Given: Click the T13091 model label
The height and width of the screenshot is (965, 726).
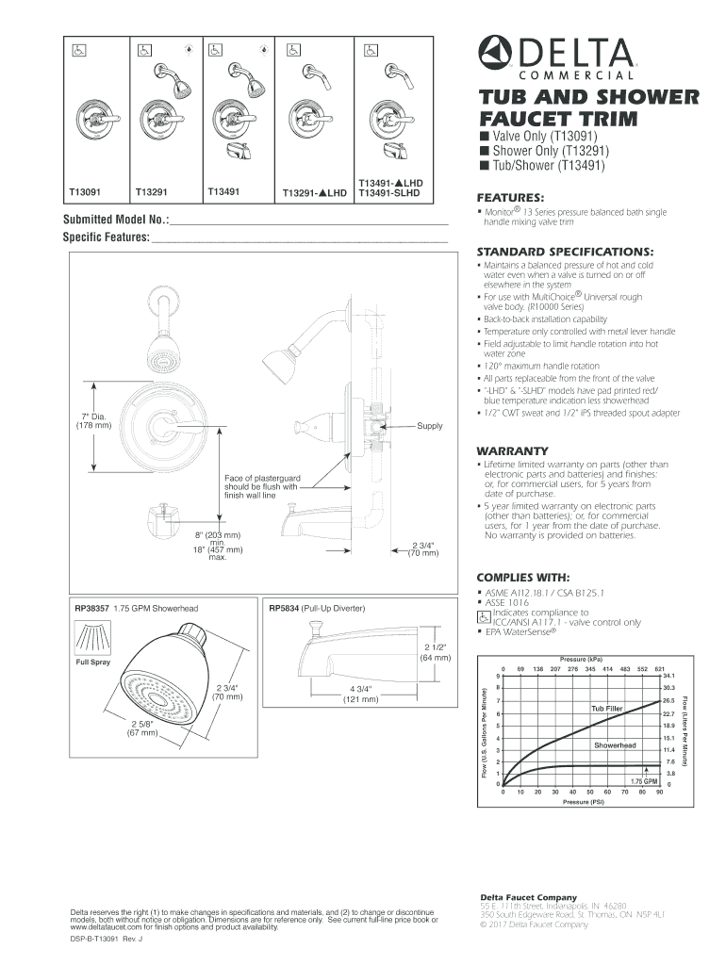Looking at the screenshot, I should [x=84, y=191].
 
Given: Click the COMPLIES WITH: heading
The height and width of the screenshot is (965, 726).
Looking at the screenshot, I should [x=523, y=577].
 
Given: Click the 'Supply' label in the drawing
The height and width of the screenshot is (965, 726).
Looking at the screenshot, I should [x=430, y=426].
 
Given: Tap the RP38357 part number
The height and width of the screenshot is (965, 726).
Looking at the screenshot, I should [x=91, y=608].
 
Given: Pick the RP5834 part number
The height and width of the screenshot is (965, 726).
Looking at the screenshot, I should [x=284, y=608].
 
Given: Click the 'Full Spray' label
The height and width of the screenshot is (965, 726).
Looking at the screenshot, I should [x=93, y=662].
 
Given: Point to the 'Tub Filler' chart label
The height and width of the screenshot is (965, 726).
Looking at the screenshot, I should [x=607, y=708].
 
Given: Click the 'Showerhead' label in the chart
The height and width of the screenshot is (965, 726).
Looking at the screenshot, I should [x=615, y=745].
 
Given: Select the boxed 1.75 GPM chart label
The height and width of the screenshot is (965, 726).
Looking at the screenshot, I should [x=643, y=781].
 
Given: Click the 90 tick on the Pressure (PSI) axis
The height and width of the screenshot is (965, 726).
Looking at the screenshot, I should [x=659, y=793].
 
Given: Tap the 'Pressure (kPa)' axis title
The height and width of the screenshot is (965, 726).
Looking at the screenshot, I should [x=581, y=659].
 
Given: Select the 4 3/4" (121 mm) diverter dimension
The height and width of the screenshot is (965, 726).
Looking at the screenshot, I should [x=360, y=694].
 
